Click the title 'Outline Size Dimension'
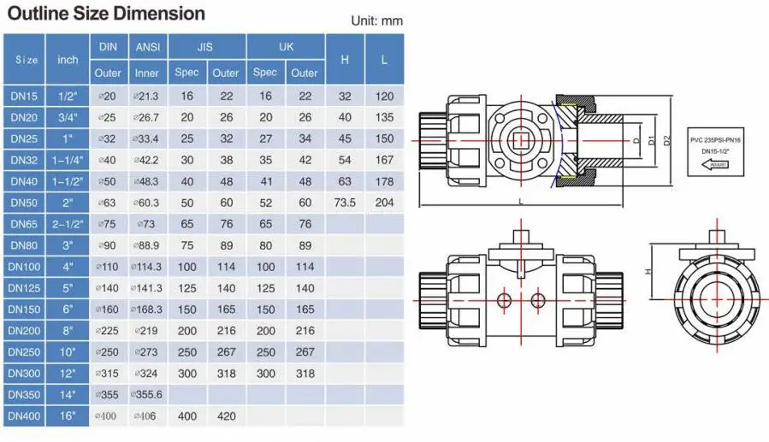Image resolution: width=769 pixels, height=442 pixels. coord(106,13)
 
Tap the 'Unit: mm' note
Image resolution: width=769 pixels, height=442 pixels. coord(376,21)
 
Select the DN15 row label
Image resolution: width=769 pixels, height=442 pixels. coord(24,96)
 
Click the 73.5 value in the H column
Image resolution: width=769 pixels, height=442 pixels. coord(345,203)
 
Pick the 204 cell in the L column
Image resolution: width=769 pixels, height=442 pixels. coord(385,203)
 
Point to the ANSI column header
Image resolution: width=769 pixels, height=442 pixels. coord(148,46)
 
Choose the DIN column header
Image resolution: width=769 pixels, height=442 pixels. coord(108,46)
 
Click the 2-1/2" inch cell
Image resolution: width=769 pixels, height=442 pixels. coord(68,224)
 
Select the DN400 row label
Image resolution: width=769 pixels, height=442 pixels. coord(24,416)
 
